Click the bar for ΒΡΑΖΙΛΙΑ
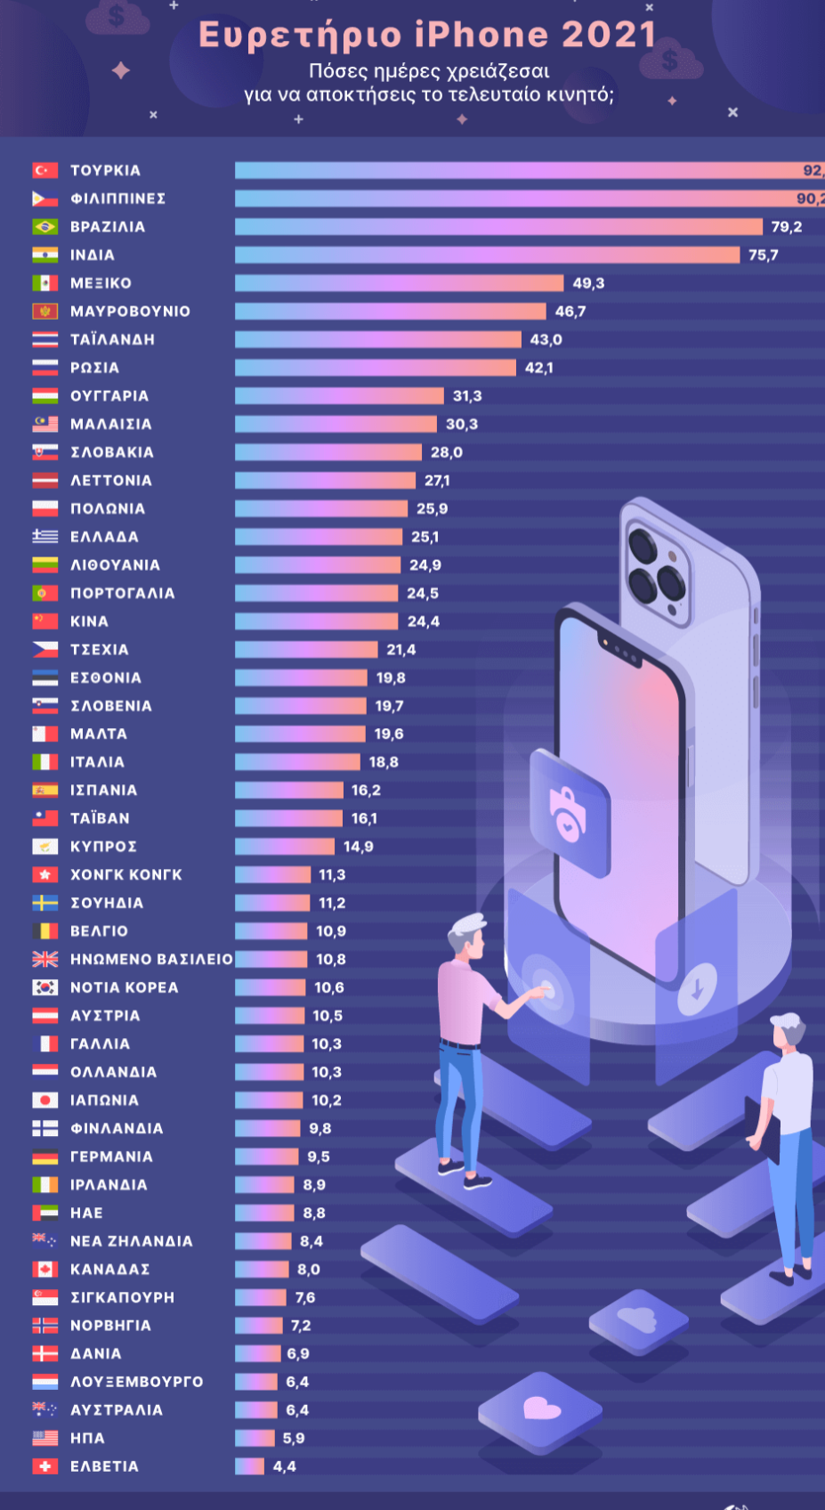[498, 226]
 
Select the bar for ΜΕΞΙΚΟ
[399, 283]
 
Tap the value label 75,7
[763, 256]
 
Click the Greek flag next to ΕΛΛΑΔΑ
[45, 537]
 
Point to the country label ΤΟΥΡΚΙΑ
[105, 170]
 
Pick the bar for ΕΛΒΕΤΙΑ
[249, 1466]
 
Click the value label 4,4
[285, 1466]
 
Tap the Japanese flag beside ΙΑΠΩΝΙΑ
[45, 1100]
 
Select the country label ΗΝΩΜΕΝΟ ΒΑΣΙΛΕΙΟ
[151, 960]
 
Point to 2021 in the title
[609, 35]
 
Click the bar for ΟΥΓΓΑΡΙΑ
[339, 396]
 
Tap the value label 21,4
[401, 650]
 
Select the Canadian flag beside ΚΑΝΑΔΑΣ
[45, 1270]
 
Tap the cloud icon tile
[637, 1319]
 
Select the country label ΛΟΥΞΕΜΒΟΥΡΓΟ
[136, 1382]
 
